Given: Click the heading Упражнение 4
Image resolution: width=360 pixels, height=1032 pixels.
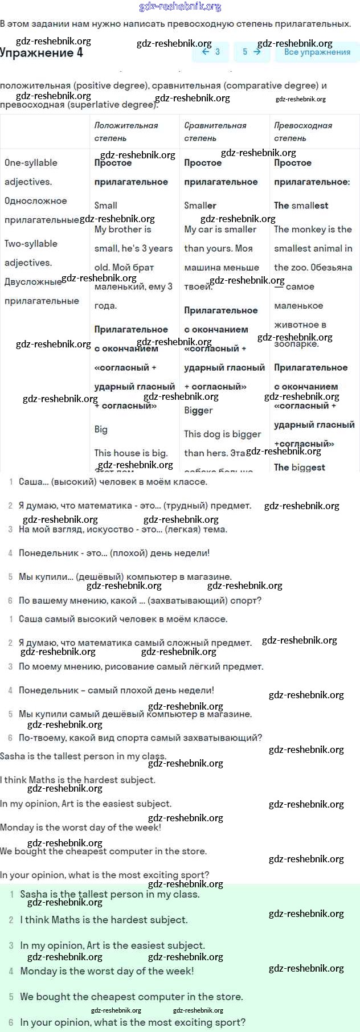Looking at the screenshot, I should point(42,53).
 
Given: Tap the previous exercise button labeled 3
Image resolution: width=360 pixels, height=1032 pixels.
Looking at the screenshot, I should point(211,52).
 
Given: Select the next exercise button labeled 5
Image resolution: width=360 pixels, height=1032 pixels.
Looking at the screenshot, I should point(251,52).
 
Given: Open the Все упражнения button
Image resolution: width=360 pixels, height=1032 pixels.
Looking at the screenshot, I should point(317,52).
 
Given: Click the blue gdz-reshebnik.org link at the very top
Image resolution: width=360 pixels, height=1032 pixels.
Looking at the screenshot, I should point(180,7).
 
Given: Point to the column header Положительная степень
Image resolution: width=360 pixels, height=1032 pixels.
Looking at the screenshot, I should point(126,132).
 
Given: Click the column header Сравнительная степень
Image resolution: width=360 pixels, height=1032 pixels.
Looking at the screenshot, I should point(215,132).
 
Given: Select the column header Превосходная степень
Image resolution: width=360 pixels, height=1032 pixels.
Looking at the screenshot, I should point(303,132).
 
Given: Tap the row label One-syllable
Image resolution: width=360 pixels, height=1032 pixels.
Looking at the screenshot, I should point(31,162).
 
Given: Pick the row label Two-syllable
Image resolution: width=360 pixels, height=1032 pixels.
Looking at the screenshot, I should point(31,243).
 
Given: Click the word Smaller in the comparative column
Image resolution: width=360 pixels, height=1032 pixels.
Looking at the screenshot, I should point(200,205).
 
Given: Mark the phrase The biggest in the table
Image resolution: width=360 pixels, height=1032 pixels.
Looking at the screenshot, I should point(300,467).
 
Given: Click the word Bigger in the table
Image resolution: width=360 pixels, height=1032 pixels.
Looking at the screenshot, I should point(198,410).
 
